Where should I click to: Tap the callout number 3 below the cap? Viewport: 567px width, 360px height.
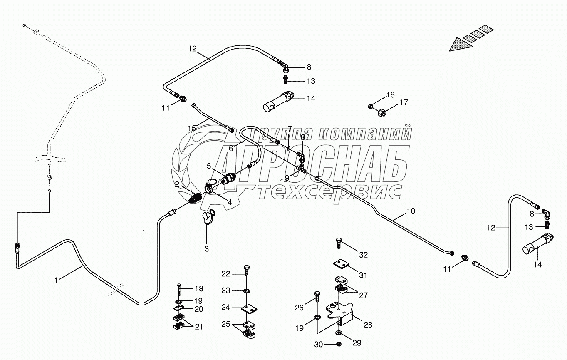coord(206,249)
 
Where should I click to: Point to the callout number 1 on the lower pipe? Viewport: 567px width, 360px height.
coord(57,280)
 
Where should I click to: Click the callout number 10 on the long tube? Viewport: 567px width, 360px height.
coord(410,211)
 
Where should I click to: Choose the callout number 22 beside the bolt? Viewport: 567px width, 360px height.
coord(226,273)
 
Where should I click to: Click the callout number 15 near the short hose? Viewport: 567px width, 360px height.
coord(191,128)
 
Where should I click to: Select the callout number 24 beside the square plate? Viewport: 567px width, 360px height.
coord(226,308)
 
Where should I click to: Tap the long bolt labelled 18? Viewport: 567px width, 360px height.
coord(178,290)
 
